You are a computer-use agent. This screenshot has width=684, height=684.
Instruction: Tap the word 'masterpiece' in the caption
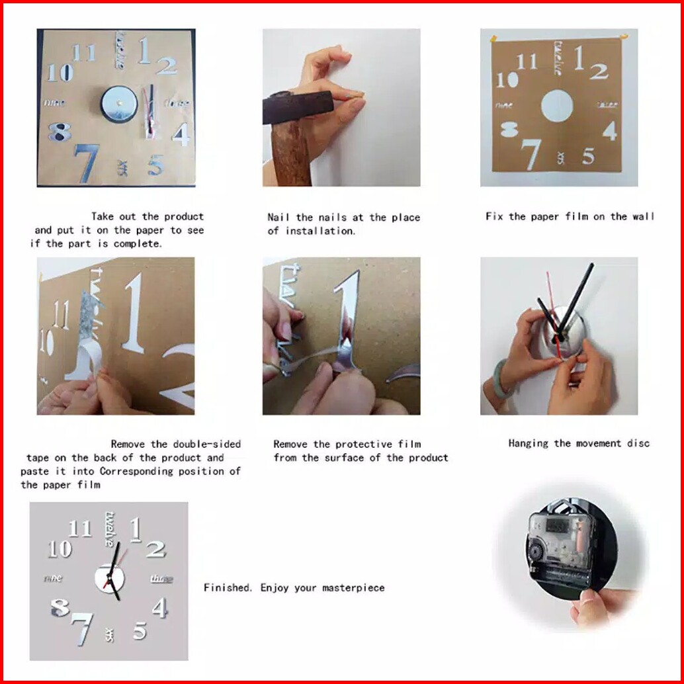pos(353,587)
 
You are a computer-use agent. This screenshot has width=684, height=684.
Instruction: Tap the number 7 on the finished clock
pos(83,628)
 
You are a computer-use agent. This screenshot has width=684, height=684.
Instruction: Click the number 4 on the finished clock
pos(159,607)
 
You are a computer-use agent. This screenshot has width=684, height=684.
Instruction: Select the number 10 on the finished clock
pos(60,549)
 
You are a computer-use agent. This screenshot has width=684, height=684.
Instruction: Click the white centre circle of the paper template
pos(557,107)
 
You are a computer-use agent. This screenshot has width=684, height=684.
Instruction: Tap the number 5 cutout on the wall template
pos(588,155)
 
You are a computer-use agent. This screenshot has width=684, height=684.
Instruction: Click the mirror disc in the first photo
pos(119,104)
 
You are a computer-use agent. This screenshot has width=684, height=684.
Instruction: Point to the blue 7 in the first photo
pos(87,163)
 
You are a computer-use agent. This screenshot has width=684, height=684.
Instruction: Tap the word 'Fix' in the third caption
pos(494,216)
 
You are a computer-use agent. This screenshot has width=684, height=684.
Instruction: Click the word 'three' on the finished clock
pos(162,579)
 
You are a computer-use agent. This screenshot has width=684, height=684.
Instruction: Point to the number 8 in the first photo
pos(60,132)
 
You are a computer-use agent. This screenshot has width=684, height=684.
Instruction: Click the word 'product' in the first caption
pos(184,216)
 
